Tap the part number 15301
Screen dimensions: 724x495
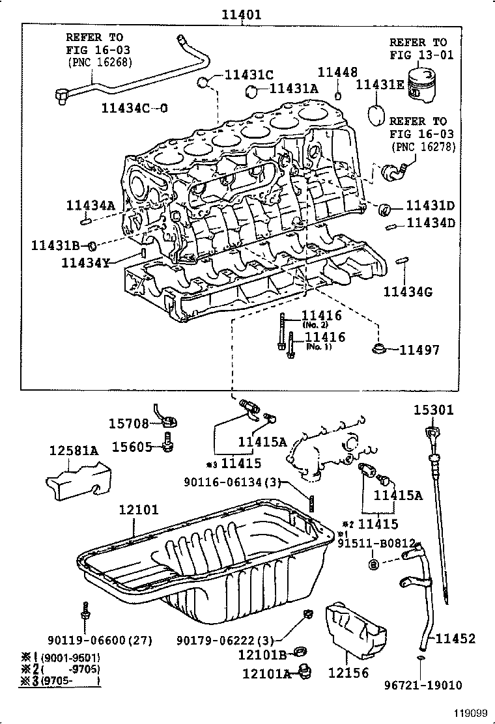pyautogui.click(x=434, y=410)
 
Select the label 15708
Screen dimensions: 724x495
pyautogui.click(x=130, y=424)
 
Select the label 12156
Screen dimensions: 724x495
pyautogui.click(x=348, y=673)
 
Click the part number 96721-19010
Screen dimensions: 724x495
pyautogui.click(x=423, y=685)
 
